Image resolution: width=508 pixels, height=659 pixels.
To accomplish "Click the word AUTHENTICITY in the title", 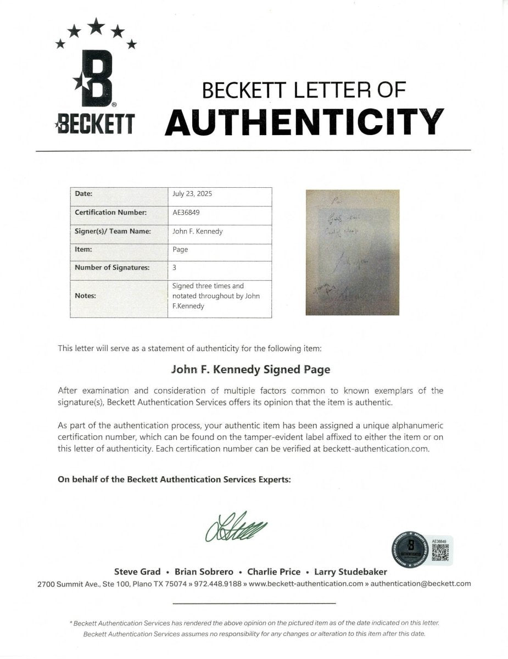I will pos(304,122).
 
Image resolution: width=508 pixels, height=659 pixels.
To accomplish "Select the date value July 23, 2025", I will pos(192,194).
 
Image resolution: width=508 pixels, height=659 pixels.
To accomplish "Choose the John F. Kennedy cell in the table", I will pos(197,231).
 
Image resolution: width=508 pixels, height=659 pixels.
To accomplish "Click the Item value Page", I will pos(180,249).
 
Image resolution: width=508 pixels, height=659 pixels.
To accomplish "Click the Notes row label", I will pos(85,295).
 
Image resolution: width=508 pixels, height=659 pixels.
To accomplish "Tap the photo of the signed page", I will pos(352,252).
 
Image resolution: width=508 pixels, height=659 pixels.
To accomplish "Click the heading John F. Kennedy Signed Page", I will pos(252,370).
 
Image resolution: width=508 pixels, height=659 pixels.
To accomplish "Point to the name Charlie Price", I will pos(274,572).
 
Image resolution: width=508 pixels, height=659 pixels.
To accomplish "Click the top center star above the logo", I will pos(97,25).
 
